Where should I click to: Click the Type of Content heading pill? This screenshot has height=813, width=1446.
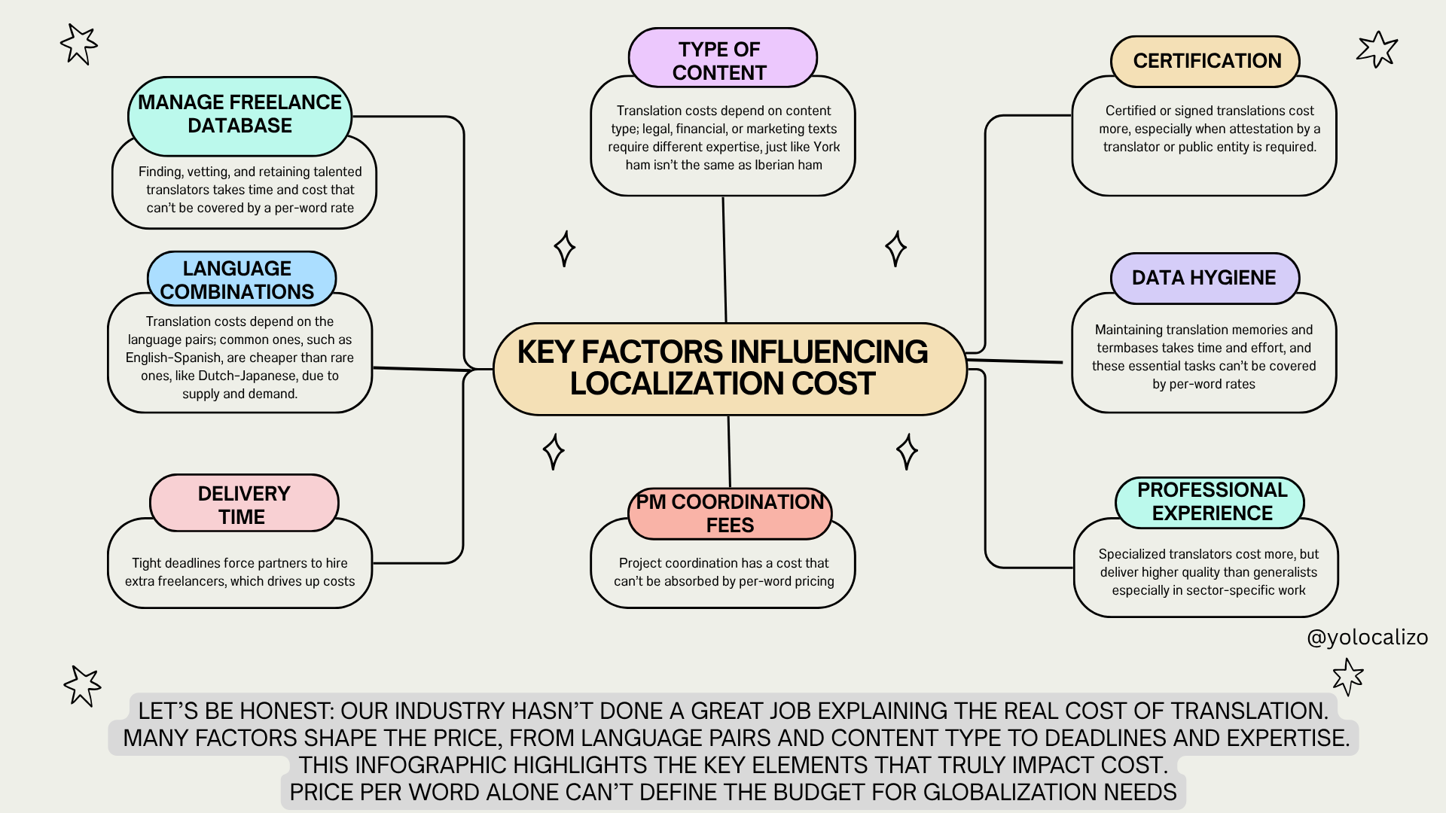pos(721,59)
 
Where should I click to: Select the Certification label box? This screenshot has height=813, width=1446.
pos(1206,61)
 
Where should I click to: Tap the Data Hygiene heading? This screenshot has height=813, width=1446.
pos(1203,278)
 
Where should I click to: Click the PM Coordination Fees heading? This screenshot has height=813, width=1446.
pos(729,513)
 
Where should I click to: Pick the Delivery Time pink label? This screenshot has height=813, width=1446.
pos(243,504)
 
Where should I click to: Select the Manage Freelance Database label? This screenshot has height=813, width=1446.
pos(239,114)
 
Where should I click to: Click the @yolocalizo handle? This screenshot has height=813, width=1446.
pos(1367,638)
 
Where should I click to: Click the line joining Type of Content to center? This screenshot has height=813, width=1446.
pos(725,260)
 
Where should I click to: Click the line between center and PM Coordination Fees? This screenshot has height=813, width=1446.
pos(729,452)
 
